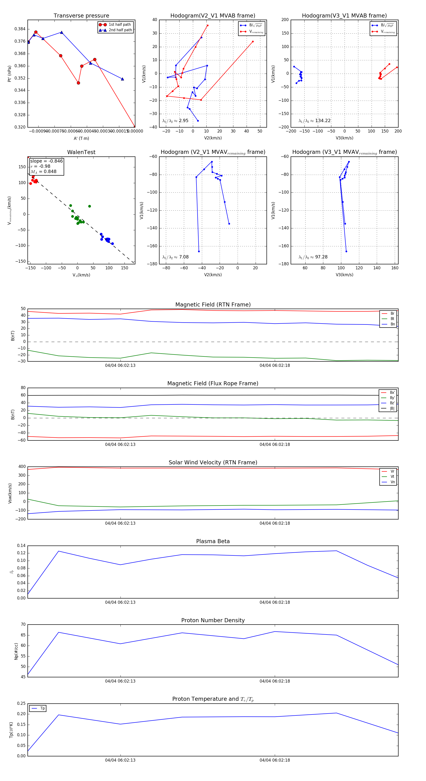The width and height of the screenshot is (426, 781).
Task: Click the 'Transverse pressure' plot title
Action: pyautogui.click(x=81, y=16)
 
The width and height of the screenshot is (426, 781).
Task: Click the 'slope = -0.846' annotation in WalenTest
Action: pyautogui.click(x=46, y=161)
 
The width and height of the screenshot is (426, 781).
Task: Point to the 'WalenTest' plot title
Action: pyautogui.click(x=81, y=152)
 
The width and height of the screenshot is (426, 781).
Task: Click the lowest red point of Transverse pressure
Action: pyautogui.click(x=134, y=126)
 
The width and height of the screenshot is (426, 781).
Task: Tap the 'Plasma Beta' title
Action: pyautogui.click(x=213, y=541)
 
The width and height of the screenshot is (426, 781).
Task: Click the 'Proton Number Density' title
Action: pyautogui.click(x=213, y=620)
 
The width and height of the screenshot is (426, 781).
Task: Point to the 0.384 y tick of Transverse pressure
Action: pyautogui.click(x=20, y=29)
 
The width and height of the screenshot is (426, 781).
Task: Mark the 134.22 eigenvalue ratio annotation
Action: pyautogui.click(x=323, y=121)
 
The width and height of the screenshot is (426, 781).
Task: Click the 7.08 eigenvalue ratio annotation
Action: pyautogui.click(x=184, y=257)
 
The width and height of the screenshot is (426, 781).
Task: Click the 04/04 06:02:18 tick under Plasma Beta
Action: pyautogui.click(x=275, y=602)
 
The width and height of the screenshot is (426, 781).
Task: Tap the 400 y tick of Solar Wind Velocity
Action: pyautogui.click(x=22, y=467)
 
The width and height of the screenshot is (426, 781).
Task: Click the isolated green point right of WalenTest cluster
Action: pyautogui.click(x=89, y=206)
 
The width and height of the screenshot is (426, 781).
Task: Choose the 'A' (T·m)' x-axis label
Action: pyautogui.click(x=81, y=138)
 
